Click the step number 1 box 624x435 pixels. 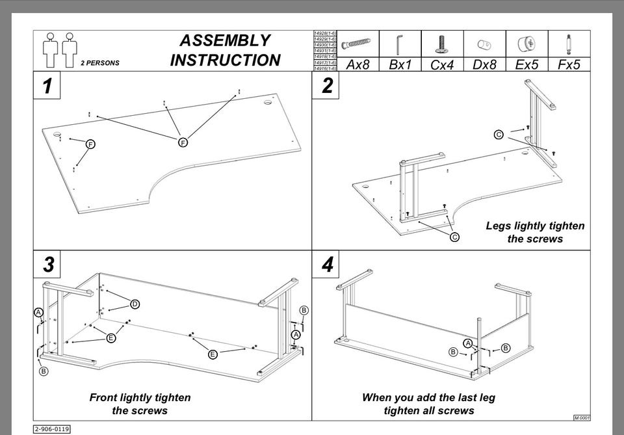(47, 86)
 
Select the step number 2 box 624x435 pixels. (327, 85)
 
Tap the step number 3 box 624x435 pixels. (48, 265)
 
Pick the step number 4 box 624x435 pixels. (327, 265)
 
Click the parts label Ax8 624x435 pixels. (357, 65)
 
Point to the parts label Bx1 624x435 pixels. (400, 65)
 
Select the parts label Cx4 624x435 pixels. (442, 65)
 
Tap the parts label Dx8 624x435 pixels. (484, 65)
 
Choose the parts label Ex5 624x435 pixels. (526, 65)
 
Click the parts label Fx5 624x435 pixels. (569, 65)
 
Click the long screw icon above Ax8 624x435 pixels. (356, 44)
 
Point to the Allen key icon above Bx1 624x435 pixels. (398, 44)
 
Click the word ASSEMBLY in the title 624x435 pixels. (225, 40)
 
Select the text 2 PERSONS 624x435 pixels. (100, 64)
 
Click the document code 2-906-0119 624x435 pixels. (52, 429)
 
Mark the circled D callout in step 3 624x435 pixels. (135, 304)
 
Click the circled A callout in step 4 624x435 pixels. (467, 343)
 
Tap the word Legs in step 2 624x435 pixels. (499, 226)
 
